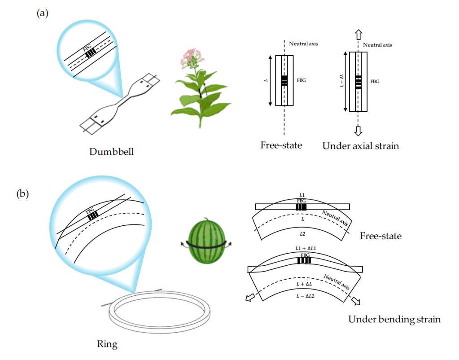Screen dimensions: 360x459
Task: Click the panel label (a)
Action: [42, 13]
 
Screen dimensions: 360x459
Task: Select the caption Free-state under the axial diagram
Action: [281, 145]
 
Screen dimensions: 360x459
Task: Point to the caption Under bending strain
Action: [394, 319]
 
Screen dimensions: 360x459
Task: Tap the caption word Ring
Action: [107, 344]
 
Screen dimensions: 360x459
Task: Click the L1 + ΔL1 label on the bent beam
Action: [305, 248]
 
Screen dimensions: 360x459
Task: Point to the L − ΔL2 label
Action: [305, 296]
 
